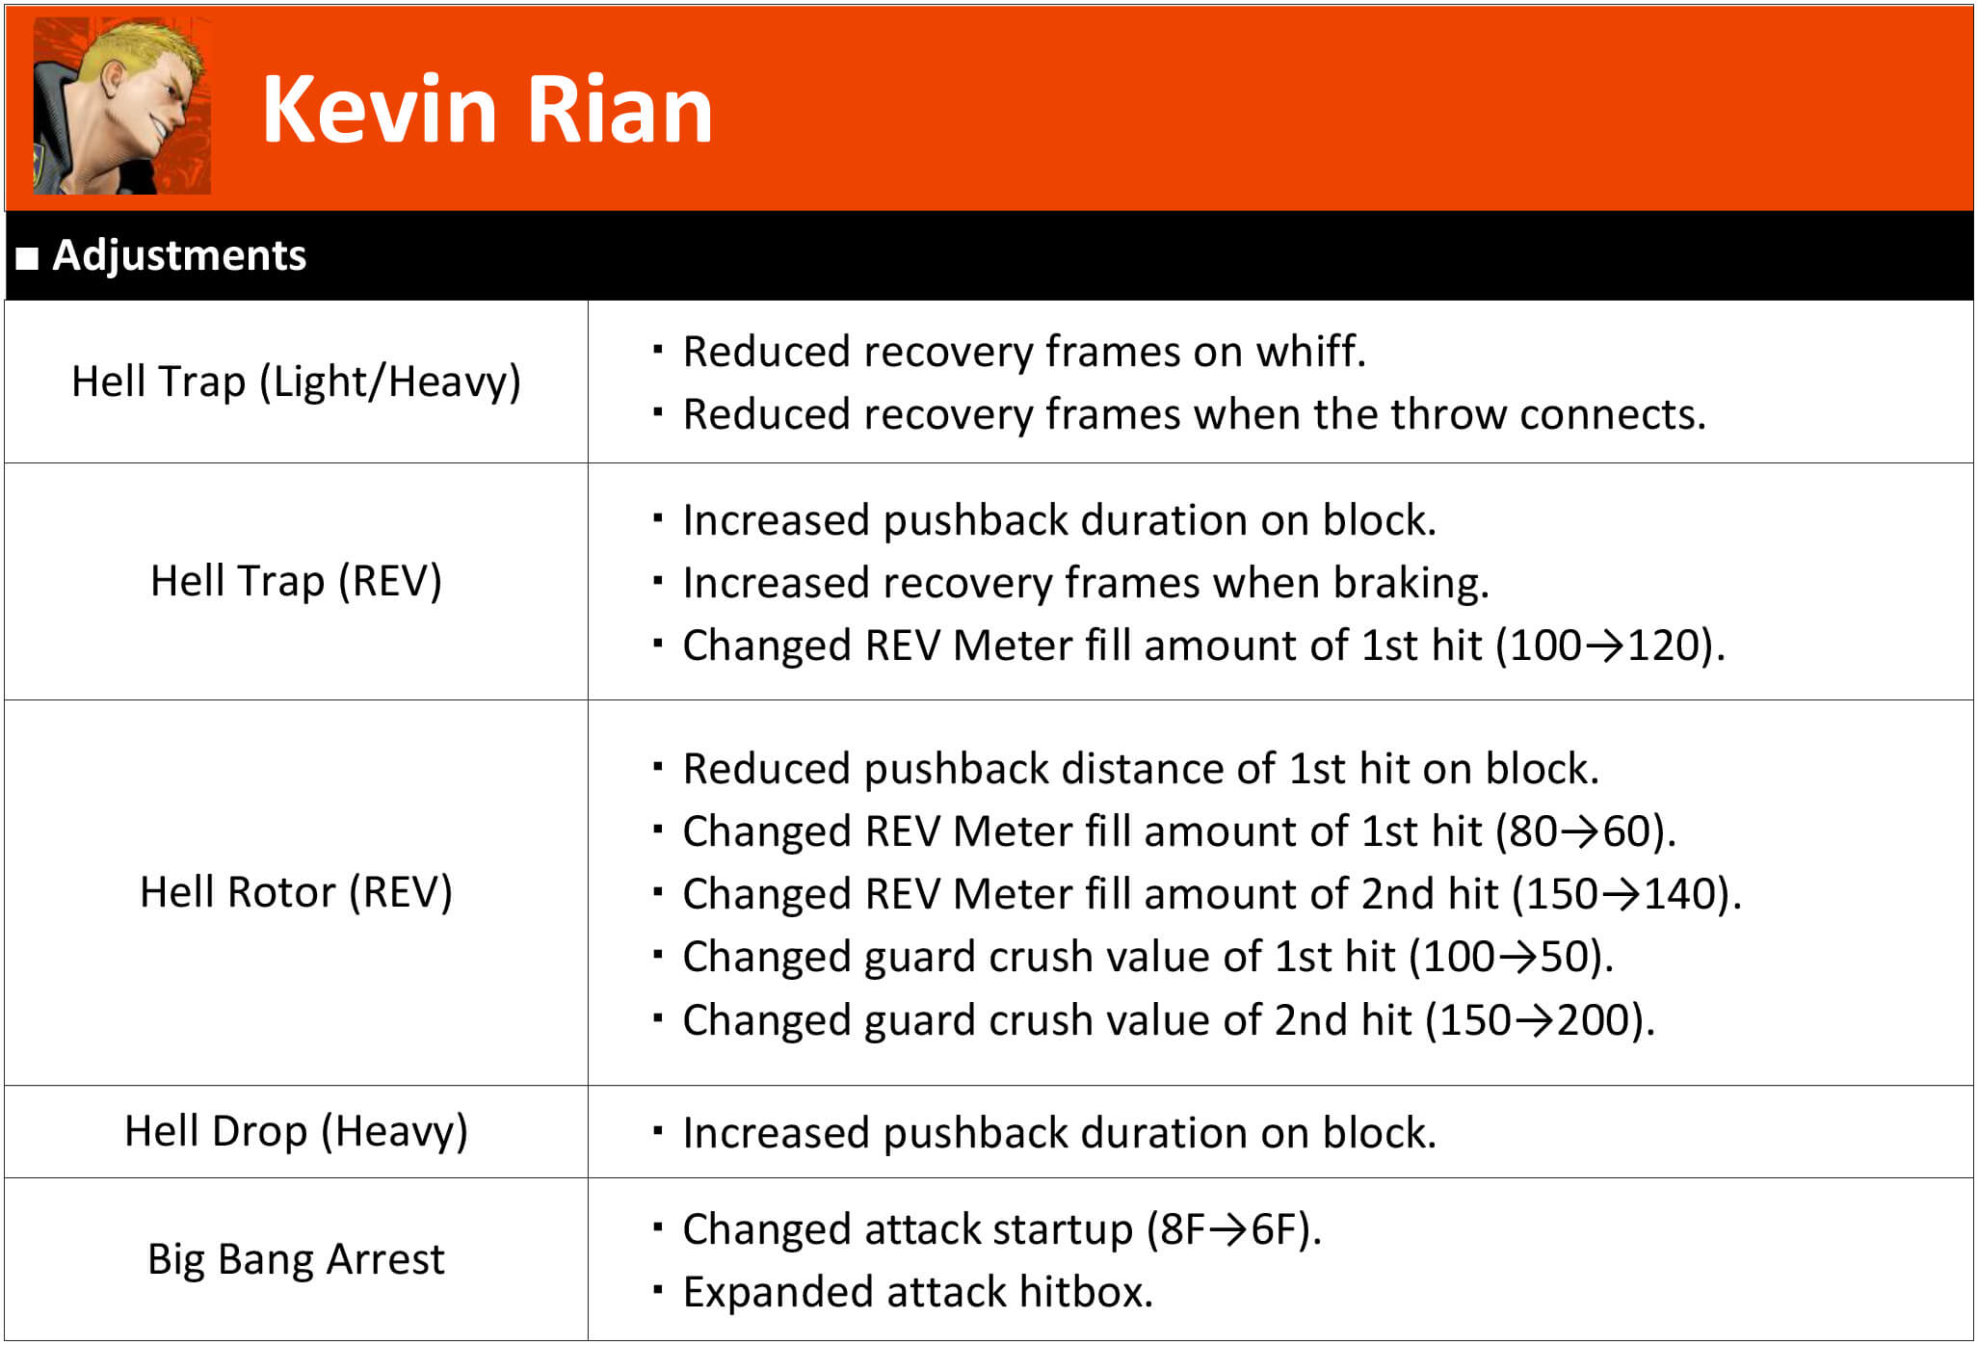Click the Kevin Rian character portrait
coord(122,106)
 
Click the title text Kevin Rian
coord(488,110)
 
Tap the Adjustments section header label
coord(179,255)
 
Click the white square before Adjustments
coord(28,258)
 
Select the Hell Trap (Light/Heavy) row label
coord(296,382)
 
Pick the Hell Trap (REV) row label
coord(296,581)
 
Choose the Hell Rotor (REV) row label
coord(296,892)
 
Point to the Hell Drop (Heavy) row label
coord(296,1131)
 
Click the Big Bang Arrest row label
coord(296,1258)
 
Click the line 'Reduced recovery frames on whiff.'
coord(1024,352)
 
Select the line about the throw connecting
coord(1195,414)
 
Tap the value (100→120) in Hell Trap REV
coord(1610,646)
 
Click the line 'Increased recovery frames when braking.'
coord(1086,583)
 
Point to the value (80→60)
coord(1586,831)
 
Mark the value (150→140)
coord(1627,894)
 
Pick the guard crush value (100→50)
coord(1511,957)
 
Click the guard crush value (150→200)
coord(1540,1020)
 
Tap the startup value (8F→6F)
coord(1234,1229)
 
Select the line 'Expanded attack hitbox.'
coord(917,1292)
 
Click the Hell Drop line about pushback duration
coord(1059,1133)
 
